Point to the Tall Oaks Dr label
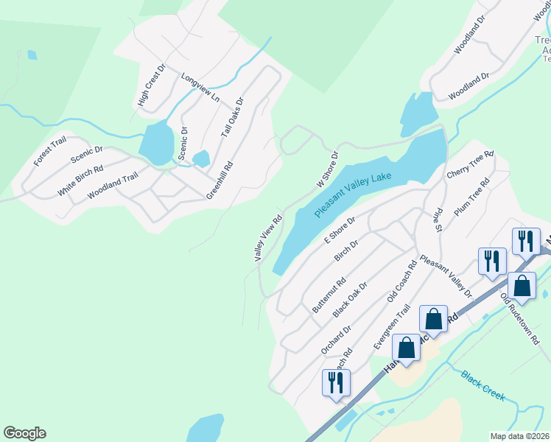(x=232, y=118)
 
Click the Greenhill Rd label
(x=220, y=180)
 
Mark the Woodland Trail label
(x=113, y=186)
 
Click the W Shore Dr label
(x=327, y=169)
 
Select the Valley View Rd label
(x=268, y=238)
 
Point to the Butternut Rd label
(x=329, y=295)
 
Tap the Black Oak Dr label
(x=350, y=299)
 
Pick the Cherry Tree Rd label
(x=470, y=164)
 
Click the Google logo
(x=24, y=433)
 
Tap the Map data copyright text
(x=520, y=435)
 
